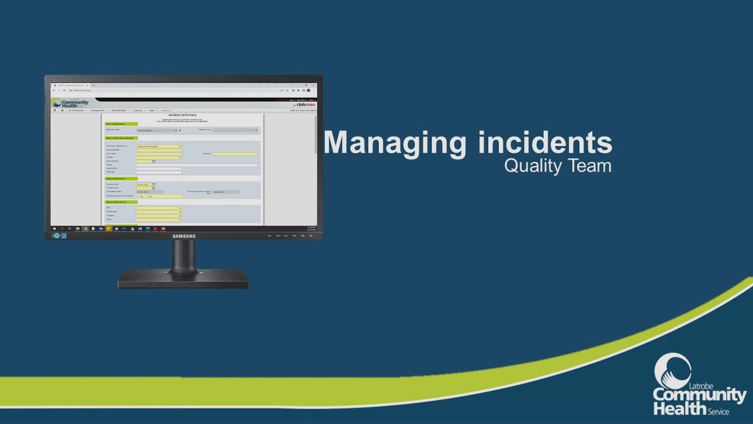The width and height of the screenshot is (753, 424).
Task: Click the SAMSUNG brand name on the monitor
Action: tap(184, 236)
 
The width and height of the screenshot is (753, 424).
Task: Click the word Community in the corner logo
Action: tap(700, 396)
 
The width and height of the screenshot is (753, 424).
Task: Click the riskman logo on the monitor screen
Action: tap(305, 104)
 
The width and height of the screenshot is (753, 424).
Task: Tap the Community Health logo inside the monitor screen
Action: tap(70, 103)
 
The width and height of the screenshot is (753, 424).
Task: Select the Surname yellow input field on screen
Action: tap(235, 154)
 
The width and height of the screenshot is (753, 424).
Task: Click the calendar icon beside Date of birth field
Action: tap(154, 161)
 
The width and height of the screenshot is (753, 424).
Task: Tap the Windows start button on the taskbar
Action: tap(54, 228)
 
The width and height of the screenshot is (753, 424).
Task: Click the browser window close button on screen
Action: tap(314, 85)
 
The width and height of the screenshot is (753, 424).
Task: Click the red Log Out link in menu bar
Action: tap(166, 111)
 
